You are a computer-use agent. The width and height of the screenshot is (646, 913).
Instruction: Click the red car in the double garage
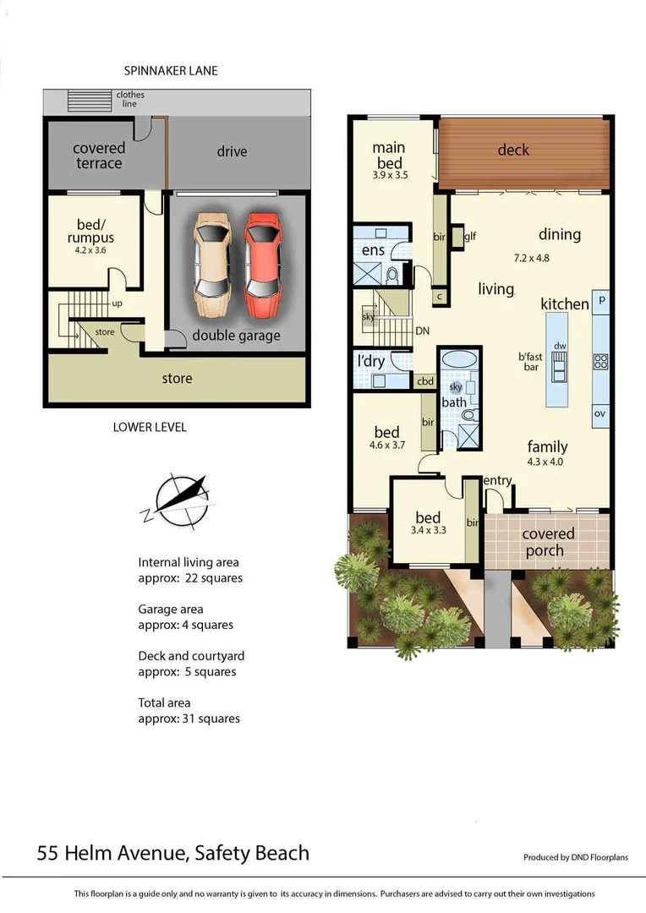pyautogui.click(x=262, y=262)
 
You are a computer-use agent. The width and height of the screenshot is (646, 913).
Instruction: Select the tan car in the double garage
pyautogui.click(x=211, y=262)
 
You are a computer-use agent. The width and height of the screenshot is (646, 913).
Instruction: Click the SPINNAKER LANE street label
pyautogui.click(x=170, y=71)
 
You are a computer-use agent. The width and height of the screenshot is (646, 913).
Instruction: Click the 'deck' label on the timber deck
pyautogui.click(x=513, y=150)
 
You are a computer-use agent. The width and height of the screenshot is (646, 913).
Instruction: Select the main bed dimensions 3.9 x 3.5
pyautogui.click(x=390, y=177)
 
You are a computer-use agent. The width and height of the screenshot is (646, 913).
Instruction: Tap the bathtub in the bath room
pyautogui.click(x=459, y=360)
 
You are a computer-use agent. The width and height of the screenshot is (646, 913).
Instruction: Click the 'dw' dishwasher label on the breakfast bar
pyautogui.click(x=559, y=346)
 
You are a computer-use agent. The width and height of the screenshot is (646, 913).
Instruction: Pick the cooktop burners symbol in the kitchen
pyautogui.click(x=601, y=362)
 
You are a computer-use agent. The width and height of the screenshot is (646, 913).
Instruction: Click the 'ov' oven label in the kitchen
pyautogui.click(x=600, y=413)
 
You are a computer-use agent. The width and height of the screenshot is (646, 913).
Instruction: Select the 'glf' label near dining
pyautogui.click(x=470, y=237)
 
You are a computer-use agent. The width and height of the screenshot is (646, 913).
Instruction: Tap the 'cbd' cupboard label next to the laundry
pyautogui.click(x=425, y=381)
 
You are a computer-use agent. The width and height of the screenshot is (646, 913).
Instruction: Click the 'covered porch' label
pyautogui.click(x=548, y=542)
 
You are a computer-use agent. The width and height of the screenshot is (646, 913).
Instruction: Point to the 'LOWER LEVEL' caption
pyautogui.click(x=150, y=427)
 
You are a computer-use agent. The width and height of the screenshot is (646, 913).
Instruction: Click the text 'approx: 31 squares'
pyautogui.click(x=189, y=719)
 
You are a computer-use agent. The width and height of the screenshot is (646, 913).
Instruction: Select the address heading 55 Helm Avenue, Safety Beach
pyautogui.click(x=173, y=853)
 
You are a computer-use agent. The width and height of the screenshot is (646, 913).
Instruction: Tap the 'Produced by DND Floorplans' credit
pyautogui.click(x=576, y=857)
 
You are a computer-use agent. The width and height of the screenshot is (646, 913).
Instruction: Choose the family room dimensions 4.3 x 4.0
pyautogui.click(x=545, y=462)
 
